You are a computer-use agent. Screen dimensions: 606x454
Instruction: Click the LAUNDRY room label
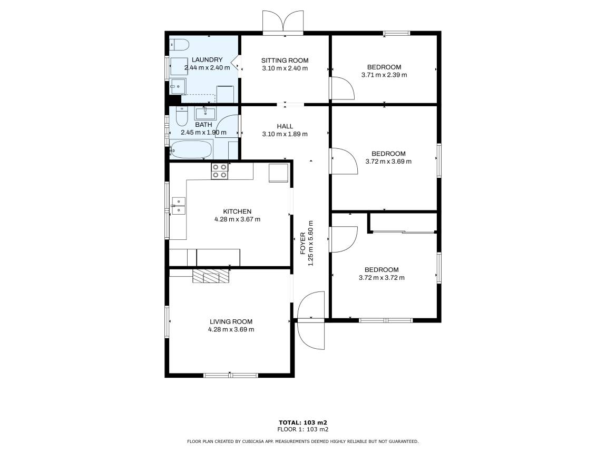pyautogui.click(x=207, y=60)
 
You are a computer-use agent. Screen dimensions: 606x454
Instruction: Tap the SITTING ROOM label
pyautogui.click(x=285, y=60)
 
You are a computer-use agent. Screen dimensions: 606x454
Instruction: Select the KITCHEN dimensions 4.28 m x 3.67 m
pyautogui.click(x=237, y=219)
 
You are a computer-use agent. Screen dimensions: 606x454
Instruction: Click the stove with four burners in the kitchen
pyautogui.click(x=220, y=171)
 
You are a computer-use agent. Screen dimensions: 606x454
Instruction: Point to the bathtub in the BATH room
pyautogui.click(x=191, y=149)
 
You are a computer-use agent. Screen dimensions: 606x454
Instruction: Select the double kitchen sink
pyautogui.click(x=179, y=206)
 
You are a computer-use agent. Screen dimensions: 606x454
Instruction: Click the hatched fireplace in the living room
pyautogui.click(x=211, y=276)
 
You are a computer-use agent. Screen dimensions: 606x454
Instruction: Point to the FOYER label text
pyautogui.click(x=302, y=244)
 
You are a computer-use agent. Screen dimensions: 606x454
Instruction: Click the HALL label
pyautogui.click(x=285, y=126)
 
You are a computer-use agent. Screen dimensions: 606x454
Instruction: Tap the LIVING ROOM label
pyautogui.click(x=231, y=322)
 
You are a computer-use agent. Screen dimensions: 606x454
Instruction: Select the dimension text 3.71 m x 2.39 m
pyautogui.click(x=384, y=75)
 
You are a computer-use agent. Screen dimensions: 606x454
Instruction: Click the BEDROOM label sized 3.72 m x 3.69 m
pyautogui.click(x=388, y=154)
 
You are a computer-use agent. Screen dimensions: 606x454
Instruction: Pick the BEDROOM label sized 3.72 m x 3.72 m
pyautogui.click(x=382, y=270)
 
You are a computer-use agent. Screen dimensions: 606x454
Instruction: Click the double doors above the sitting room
pyautogui.click(x=283, y=22)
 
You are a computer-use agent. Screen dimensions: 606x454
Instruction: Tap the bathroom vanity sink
pyautogui.click(x=205, y=114)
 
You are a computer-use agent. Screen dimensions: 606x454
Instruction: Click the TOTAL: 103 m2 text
pyautogui.click(x=303, y=423)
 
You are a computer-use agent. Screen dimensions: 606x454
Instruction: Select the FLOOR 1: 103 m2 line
pyautogui.click(x=303, y=429)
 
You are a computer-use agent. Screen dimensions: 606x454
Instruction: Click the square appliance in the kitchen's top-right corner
pyautogui.click(x=279, y=173)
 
